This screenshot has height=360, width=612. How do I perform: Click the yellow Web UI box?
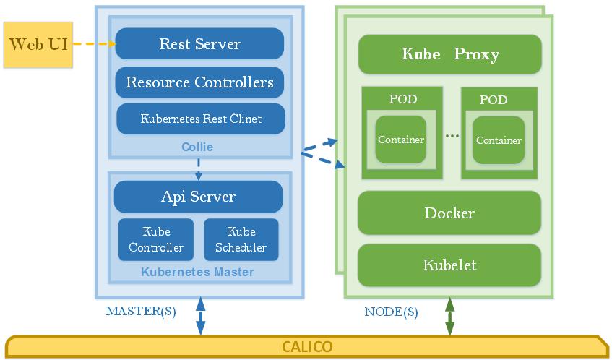38,44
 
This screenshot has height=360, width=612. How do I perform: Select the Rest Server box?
199,43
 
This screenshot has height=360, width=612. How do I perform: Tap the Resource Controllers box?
199,82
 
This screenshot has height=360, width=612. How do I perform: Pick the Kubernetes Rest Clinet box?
201,119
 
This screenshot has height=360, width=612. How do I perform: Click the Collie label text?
197,147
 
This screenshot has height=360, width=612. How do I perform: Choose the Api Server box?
198,197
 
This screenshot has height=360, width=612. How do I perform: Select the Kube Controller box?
156,240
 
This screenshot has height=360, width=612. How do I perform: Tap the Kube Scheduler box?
241,240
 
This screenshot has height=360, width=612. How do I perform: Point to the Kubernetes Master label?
197,273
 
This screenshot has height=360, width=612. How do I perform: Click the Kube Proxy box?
449,54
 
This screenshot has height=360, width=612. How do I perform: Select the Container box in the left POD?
401,140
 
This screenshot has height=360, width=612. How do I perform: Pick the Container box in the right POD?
499,140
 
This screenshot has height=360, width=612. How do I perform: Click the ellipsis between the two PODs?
452,136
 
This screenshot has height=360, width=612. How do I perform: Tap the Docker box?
449,213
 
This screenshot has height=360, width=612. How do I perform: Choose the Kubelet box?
449,265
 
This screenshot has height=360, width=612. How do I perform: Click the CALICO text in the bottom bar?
307,346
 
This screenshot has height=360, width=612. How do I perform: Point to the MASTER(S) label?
141,312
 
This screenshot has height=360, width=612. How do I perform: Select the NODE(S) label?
391,312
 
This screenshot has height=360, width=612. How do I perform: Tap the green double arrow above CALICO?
449,317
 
